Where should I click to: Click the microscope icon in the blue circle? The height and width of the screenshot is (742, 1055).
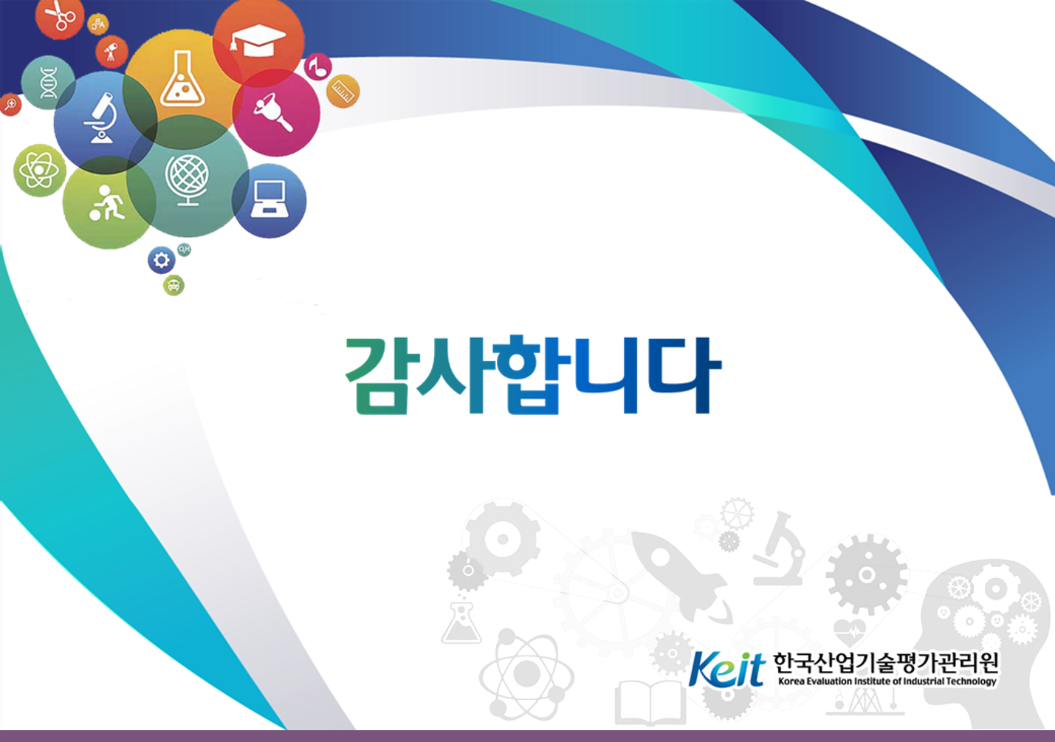point(101,117)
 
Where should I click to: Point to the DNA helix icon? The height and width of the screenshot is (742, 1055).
point(49,83)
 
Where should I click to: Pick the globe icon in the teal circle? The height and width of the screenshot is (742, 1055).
point(187,180)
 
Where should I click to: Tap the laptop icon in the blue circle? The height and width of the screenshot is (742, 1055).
point(269,199)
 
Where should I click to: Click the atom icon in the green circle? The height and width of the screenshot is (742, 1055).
point(40,170)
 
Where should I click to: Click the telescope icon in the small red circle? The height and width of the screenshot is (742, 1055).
point(111,51)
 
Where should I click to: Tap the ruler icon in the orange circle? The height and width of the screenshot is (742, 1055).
point(343,91)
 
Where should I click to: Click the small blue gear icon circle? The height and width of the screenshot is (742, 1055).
point(162,260)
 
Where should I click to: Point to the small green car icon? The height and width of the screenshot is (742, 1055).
point(173,285)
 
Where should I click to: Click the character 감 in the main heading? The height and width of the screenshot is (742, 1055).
point(377,377)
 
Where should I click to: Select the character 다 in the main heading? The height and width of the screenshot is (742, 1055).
point(684,376)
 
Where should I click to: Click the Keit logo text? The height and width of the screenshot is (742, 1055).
point(726,669)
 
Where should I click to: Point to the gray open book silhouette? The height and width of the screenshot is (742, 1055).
point(650,703)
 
